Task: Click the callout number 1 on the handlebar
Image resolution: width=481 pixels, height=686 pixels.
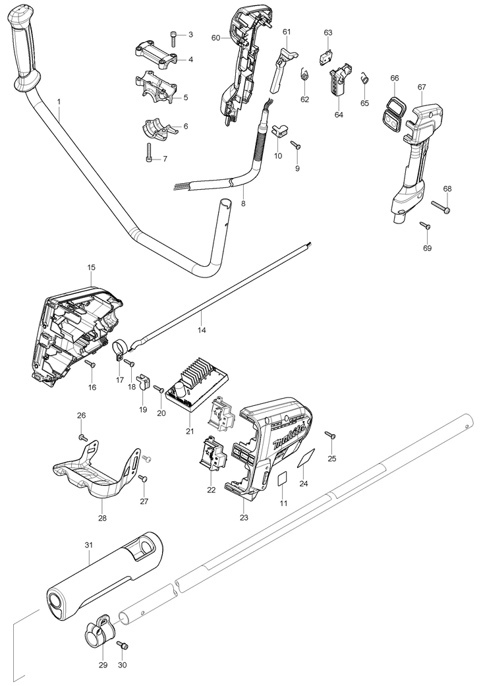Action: click(x=59, y=101)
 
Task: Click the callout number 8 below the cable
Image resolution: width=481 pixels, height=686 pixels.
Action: click(x=243, y=204)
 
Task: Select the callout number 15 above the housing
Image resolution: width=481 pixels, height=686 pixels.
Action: click(x=91, y=268)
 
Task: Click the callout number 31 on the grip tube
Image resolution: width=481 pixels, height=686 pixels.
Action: click(x=89, y=546)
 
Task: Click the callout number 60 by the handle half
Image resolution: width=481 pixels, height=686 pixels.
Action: click(x=215, y=38)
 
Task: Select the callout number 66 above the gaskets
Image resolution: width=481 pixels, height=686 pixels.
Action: click(x=395, y=78)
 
